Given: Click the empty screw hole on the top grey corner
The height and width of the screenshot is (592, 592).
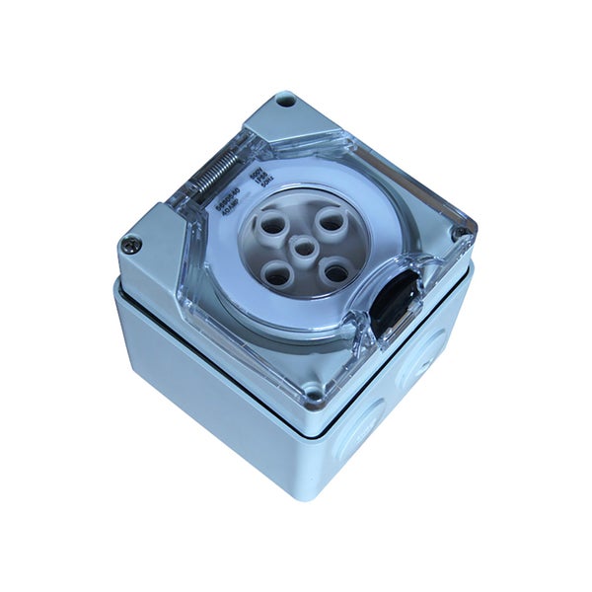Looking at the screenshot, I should tap(285, 100).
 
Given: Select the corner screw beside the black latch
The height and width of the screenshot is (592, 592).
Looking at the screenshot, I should tap(459, 233).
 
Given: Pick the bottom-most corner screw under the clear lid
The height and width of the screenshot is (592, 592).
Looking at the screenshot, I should tap(314, 396).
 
